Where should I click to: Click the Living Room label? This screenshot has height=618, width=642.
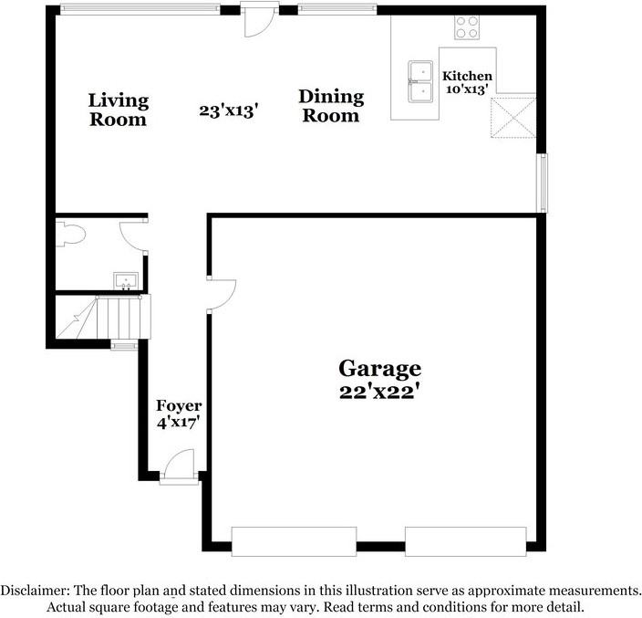coord(118,110)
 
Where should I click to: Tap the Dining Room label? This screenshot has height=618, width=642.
coord(331,106)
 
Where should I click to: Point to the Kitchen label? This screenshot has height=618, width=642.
coord(467,77)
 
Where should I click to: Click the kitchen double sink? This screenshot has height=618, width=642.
coord(421,81)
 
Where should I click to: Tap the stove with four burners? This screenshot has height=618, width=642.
coord(468,27)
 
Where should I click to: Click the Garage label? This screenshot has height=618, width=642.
coord(380,368)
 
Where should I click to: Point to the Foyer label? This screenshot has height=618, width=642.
coord(179,405)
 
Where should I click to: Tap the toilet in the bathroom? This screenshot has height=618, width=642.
coord(70,236)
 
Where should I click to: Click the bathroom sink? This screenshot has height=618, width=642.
coord(125,278)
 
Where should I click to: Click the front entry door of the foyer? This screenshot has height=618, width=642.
coord(179,473)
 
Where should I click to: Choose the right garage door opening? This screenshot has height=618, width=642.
coord(466,540)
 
